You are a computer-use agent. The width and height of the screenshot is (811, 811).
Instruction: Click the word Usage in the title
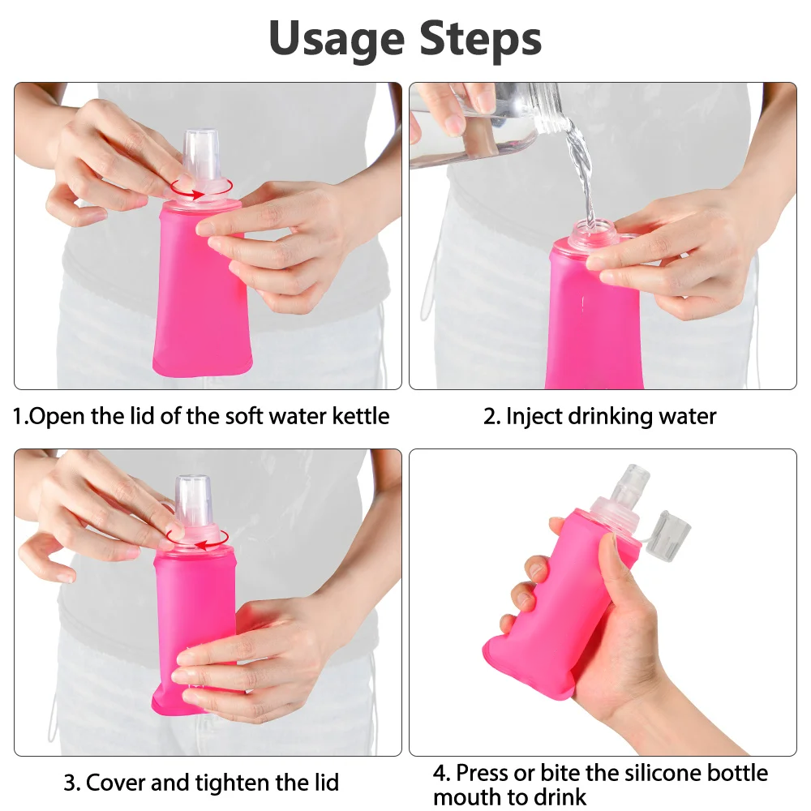tap(337, 39)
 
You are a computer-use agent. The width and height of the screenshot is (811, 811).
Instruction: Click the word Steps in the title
tap(480, 39)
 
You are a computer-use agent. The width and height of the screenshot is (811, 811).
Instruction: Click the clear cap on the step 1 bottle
tap(201, 155)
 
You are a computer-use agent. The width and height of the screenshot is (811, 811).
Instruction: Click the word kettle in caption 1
tap(361, 416)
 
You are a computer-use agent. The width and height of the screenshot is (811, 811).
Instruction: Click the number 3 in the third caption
tap(69, 783)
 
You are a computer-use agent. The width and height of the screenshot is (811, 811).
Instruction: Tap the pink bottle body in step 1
tap(202, 290)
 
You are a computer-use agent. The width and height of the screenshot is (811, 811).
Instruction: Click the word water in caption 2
tap(688, 417)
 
